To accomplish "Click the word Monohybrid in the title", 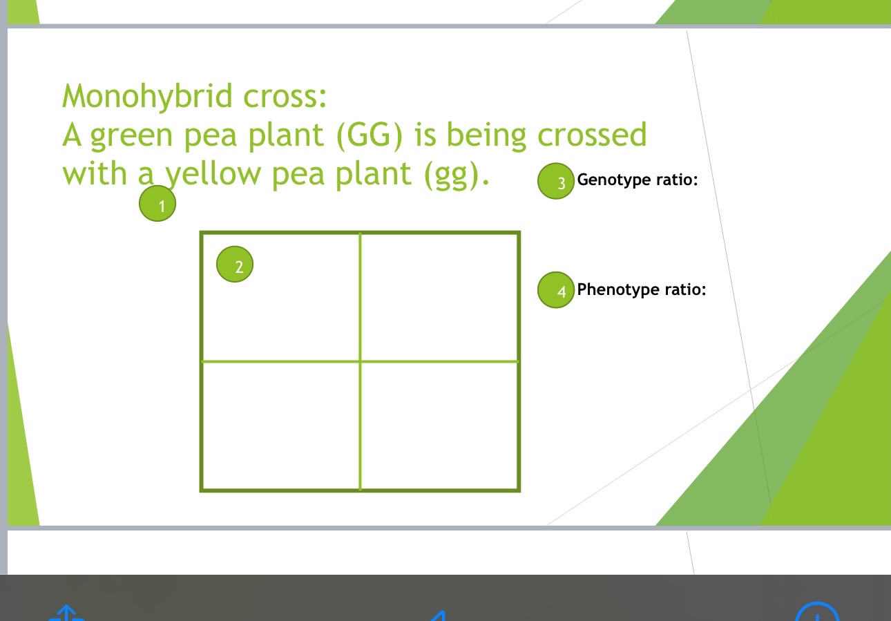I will (x=147, y=96).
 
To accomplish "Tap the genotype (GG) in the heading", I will (x=370, y=135).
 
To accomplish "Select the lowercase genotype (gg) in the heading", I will (x=457, y=174).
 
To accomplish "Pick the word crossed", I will (x=592, y=135).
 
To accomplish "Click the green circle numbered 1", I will (x=157, y=204).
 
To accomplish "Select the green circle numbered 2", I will (x=235, y=265).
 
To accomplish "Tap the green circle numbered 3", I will (x=556, y=182).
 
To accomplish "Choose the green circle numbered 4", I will (x=556, y=290).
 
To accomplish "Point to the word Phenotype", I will (x=618, y=289).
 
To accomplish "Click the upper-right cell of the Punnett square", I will (x=439, y=297).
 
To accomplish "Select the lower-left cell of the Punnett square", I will (x=280, y=425).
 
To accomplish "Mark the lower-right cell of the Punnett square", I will (x=439, y=425).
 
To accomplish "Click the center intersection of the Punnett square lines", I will (x=360, y=361).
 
